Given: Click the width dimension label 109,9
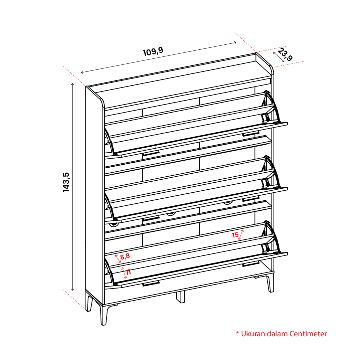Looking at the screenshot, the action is point(153,51).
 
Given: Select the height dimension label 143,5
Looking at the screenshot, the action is point(66,182).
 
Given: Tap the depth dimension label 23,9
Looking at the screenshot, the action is point(285,54).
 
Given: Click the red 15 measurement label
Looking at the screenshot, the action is point(235,235).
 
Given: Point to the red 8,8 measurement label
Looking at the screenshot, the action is point(125,256).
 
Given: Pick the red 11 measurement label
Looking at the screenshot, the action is point(128,272).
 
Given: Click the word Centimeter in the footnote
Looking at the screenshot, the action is point(308,334).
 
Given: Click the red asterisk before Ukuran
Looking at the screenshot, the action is point(237,333).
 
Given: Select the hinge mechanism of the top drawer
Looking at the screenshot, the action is point(270,107).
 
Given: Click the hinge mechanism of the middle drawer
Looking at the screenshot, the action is point(270,172).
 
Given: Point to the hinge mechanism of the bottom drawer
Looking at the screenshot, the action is point(270,237).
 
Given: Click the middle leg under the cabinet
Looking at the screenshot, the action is point(180,297).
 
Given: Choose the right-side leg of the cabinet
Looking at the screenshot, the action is point(270,284).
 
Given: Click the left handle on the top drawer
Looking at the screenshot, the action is point(151,154).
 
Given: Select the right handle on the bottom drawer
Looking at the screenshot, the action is point(251,264).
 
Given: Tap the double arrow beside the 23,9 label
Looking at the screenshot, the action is point(279,57).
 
